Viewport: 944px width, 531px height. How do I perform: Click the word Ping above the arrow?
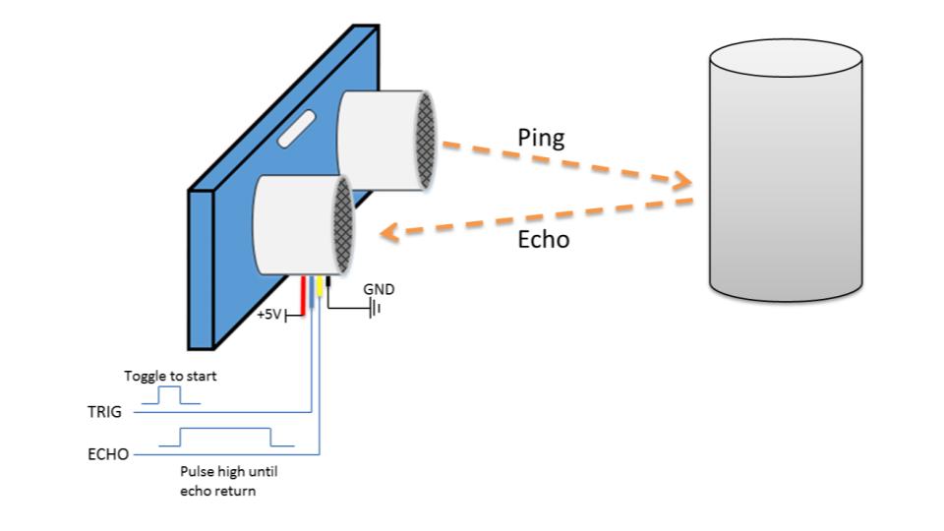click(x=541, y=138)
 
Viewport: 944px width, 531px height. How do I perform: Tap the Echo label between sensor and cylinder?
click(x=543, y=239)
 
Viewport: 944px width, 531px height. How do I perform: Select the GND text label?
click(x=379, y=290)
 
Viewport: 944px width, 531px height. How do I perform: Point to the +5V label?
click(x=269, y=317)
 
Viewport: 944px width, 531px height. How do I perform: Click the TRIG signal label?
click(x=105, y=412)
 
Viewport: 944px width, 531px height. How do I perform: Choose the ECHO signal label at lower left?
click(x=107, y=455)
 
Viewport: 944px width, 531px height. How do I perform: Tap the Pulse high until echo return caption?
click(x=228, y=481)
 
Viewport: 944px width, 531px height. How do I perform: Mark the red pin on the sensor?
click(x=305, y=292)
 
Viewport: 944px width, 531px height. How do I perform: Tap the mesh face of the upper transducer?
click(x=426, y=141)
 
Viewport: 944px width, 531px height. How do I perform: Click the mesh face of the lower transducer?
click(x=343, y=227)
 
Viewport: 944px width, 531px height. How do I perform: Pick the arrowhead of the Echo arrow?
click(x=388, y=233)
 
